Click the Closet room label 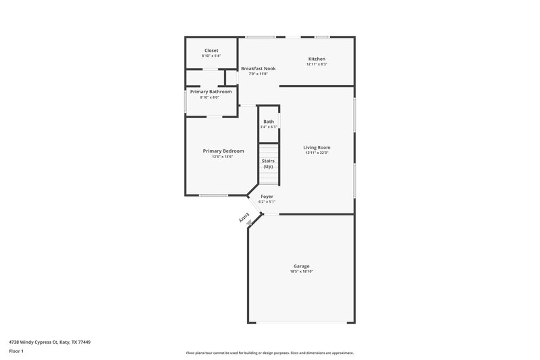point(211,51)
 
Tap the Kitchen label point(317,59)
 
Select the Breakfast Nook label point(259,68)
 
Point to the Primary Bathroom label point(211,92)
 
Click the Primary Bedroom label point(223,151)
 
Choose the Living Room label point(317,147)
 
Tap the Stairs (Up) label point(269,163)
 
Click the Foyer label point(267,196)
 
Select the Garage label point(301,266)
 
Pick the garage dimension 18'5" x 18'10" point(301,272)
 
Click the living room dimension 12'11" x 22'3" point(317,153)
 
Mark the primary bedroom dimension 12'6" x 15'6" point(223,156)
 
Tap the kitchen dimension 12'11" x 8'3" point(317,64)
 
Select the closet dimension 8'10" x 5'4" point(211,56)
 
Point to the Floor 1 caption point(16,351)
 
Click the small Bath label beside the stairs point(269,122)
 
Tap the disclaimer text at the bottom point(270,353)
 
